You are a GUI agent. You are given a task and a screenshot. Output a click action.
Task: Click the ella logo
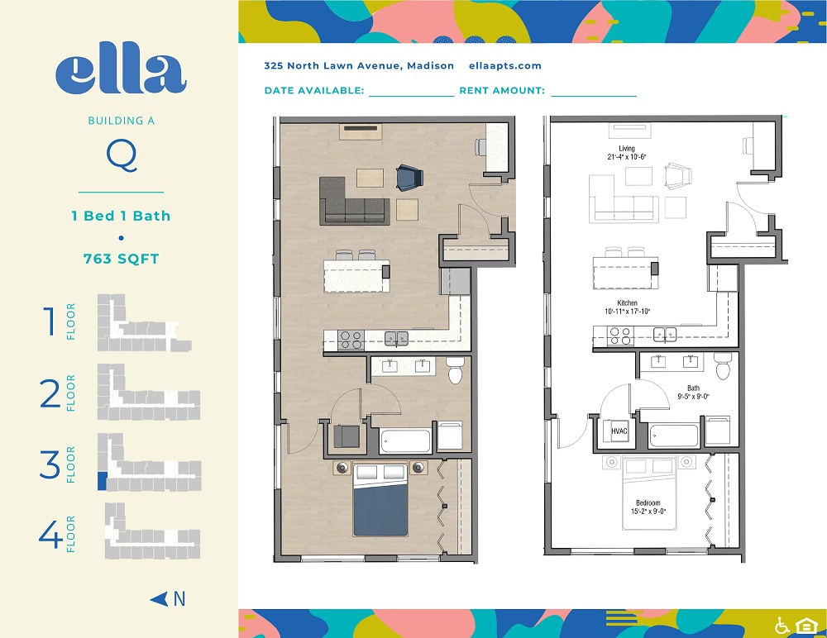(x=121, y=74)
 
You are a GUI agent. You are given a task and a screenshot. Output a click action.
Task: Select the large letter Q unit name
(x=122, y=156)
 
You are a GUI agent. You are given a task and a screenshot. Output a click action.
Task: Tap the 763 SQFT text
(x=122, y=259)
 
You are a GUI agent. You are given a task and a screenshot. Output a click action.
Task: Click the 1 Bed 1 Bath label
(x=122, y=216)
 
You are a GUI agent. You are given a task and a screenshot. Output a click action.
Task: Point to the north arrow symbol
(x=159, y=599)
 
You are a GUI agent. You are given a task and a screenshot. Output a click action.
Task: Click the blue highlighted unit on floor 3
(x=103, y=481)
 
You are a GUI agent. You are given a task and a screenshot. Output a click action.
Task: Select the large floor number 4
(x=50, y=534)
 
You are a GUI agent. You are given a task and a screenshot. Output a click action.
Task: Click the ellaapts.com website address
(x=505, y=66)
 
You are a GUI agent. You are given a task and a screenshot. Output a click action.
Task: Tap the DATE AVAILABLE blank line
(x=411, y=96)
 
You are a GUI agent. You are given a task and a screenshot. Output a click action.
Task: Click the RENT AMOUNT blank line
(x=594, y=96)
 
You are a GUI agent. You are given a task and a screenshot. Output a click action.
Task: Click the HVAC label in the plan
(x=619, y=431)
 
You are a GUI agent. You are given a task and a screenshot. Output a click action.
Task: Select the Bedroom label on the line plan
(x=648, y=503)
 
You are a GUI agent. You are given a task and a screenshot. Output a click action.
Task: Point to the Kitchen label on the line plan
(x=628, y=302)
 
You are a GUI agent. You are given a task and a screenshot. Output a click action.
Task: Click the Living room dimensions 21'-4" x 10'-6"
(x=627, y=156)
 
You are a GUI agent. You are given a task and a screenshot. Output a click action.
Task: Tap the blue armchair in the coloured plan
(x=410, y=177)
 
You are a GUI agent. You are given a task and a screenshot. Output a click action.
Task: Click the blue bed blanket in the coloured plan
(x=380, y=510)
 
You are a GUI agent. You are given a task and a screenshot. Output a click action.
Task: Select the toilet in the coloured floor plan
(x=456, y=370)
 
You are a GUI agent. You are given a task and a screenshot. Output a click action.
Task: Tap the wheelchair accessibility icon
(x=782, y=626)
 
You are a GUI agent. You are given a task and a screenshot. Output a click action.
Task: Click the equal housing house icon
(x=805, y=626)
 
